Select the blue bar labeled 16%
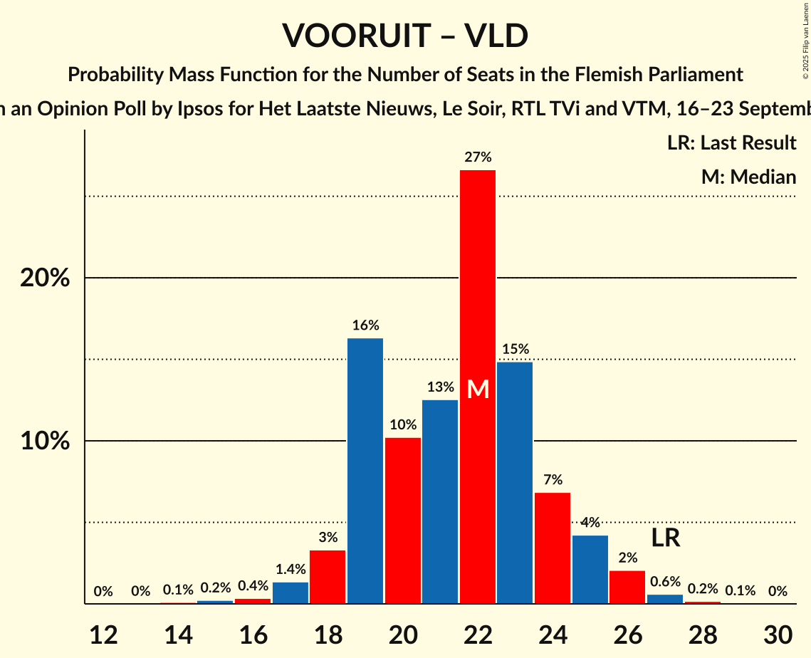pos(365,471)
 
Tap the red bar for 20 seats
pos(403,521)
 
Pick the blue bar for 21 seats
pos(440,502)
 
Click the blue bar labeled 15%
pos(515,483)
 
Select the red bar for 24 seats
pos(553,548)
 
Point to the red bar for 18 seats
pos(328,577)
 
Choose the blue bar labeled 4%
pos(590,569)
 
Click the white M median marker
pos(478,390)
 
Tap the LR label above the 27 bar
pos(665,538)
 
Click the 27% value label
pos(478,157)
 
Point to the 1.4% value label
pos(290,569)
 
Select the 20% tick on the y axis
pos(45,278)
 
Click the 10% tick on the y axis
pos(45,442)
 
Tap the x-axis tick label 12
pos(103,634)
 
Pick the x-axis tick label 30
pos(778,634)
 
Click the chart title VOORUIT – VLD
pos(405,36)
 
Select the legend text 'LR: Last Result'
pos(731,143)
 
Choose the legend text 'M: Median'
pos(748,177)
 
